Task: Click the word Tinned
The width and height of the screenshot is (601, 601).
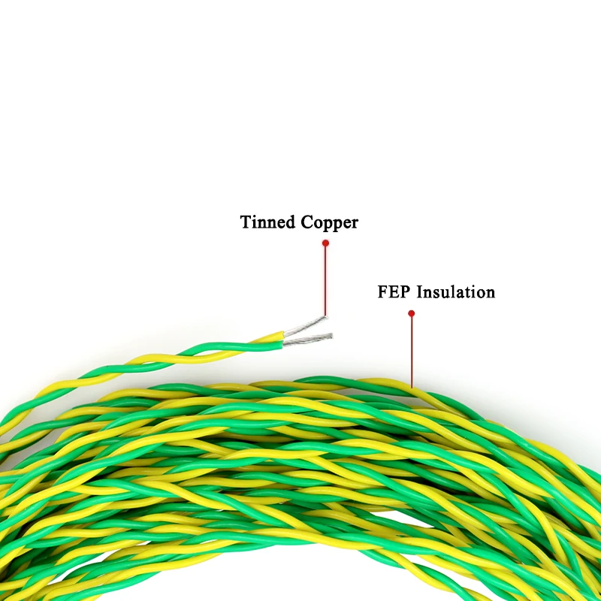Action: coord(267,222)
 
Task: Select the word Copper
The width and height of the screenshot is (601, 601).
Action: coord(329,223)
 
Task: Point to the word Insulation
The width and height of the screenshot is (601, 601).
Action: coord(456,292)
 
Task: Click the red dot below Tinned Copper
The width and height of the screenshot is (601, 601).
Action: coord(325,243)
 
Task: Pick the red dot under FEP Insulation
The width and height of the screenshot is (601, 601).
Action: coord(411,313)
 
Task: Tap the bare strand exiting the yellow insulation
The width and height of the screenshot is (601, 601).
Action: coord(306,325)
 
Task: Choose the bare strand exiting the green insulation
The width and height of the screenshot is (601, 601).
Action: coord(308,340)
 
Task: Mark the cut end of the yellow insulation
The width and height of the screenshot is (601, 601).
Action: coord(283,334)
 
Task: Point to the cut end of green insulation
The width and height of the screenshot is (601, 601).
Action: coord(282,345)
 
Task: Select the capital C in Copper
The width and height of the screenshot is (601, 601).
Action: coord(307,222)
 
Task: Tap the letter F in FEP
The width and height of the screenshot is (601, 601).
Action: coord(382,292)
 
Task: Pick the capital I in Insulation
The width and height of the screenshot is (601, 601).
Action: coord(420,292)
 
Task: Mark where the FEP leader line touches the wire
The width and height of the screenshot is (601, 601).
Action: coord(412,388)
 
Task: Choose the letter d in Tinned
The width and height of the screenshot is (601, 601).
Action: coord(290,222)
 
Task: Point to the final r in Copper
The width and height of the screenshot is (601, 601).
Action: coord(355,224)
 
